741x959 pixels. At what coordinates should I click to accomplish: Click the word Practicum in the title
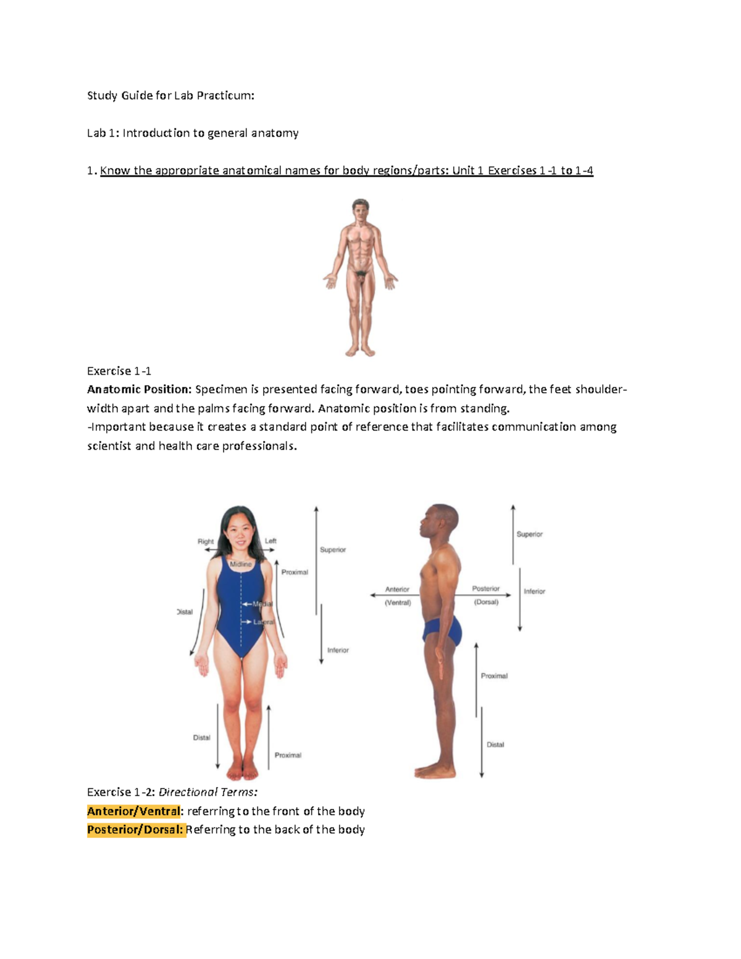click(x=225, y=96)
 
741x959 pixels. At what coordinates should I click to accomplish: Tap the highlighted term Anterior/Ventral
click(x=134, y=811)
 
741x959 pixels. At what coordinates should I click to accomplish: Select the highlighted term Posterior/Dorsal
click(x=135, y=830)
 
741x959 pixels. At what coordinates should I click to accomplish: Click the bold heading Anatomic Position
click(x=140, y=389)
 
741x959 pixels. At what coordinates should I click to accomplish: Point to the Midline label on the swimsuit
click(x=241, y=564)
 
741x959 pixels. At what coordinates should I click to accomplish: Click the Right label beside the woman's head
click(x=206, y=542)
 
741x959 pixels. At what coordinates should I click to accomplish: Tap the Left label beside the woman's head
click(x=270, y=540)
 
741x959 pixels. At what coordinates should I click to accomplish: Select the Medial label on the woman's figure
click(x=262, y=604)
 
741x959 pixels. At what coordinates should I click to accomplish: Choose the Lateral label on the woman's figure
click(x=264, y=622)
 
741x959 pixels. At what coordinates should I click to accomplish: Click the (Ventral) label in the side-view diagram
click(x=398, y=603)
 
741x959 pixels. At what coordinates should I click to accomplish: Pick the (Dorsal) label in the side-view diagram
click(x=487, y=601)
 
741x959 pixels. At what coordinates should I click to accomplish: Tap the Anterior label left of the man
click(x=397, y=589)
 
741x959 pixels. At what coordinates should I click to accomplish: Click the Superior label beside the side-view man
click(x=530, y=534)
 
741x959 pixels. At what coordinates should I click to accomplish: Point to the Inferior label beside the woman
click(x=338, y=650)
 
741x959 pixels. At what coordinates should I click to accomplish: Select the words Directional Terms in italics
click(x=208, y=792)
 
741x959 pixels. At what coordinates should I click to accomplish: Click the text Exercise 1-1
click(x=119, y=371)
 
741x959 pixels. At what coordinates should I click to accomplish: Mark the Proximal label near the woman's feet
click(x=288, y=755)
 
